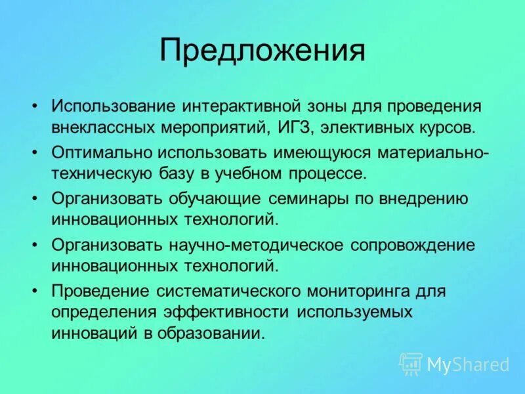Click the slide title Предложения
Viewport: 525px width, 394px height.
(x=262, y=51)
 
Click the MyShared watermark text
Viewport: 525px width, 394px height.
(x=468, y=364)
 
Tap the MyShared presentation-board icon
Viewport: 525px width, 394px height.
(x=411, y=363)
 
